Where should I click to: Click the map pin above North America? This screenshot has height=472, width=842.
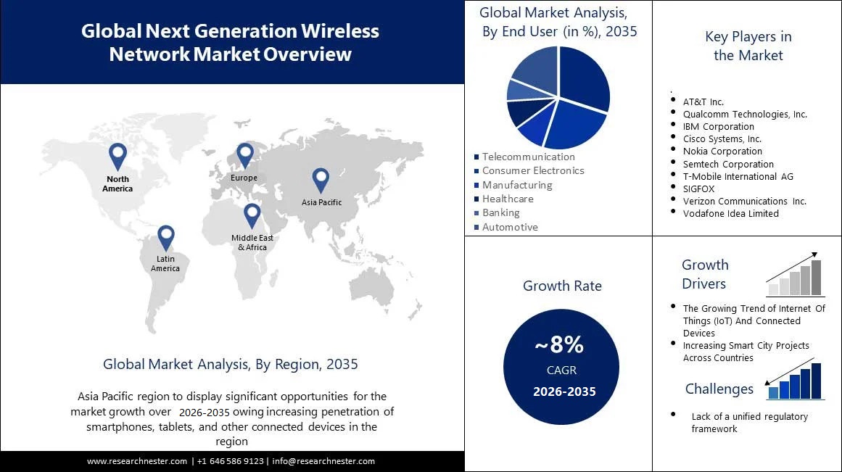117,155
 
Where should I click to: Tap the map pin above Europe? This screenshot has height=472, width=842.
245,154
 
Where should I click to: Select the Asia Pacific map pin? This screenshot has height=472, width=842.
321,179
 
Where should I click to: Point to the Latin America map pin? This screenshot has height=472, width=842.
166,237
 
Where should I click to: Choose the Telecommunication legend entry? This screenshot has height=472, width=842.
528,157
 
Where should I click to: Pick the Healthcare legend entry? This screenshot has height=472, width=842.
508,199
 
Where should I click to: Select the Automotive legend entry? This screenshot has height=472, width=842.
510,227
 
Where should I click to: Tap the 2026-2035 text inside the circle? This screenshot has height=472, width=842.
564,392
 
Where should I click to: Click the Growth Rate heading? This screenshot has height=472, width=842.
562,286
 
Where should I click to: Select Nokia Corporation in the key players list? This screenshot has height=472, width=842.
722,152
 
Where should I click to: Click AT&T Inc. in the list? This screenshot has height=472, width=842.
703,102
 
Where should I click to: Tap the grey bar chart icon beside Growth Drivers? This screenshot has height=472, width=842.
795,276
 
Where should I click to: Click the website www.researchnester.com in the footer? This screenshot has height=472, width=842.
137,461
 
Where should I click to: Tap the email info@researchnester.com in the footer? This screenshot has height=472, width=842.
323,461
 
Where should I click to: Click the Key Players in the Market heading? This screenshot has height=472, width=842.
748,46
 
